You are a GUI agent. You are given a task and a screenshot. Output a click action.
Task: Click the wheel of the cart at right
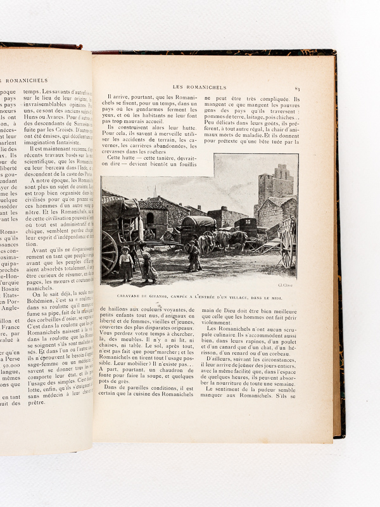tap(287, 247)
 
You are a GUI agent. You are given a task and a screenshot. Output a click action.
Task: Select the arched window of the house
tap(150, 219)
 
